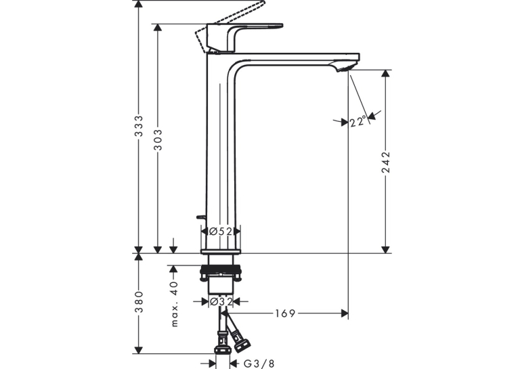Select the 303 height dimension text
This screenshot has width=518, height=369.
158,139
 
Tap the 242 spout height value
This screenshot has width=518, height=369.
385,162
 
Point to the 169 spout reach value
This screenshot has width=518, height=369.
285,313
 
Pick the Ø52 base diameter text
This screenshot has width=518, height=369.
221,232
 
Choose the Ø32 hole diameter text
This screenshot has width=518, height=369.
221,301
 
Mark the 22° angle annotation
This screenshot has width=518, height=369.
358,121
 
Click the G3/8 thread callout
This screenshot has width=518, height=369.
259,364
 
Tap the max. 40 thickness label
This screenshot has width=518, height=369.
175,304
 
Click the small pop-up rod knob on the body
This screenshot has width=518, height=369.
201,217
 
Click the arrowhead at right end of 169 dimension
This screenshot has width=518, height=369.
345,313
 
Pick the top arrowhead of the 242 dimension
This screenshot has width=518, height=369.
385,74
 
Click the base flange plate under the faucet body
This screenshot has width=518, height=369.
221,252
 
